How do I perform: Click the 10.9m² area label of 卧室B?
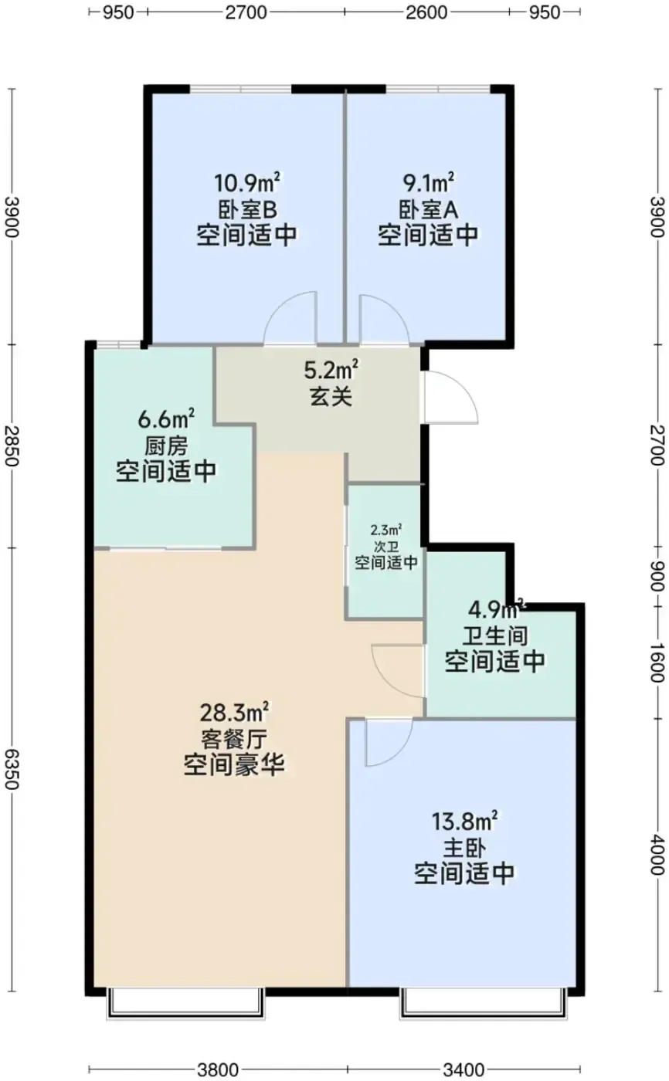248,182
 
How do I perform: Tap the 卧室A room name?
429,209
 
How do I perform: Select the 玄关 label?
331,397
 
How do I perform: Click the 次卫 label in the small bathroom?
386,547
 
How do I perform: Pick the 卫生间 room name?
495,636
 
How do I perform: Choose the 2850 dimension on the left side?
12,446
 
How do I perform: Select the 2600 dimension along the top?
426,12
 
